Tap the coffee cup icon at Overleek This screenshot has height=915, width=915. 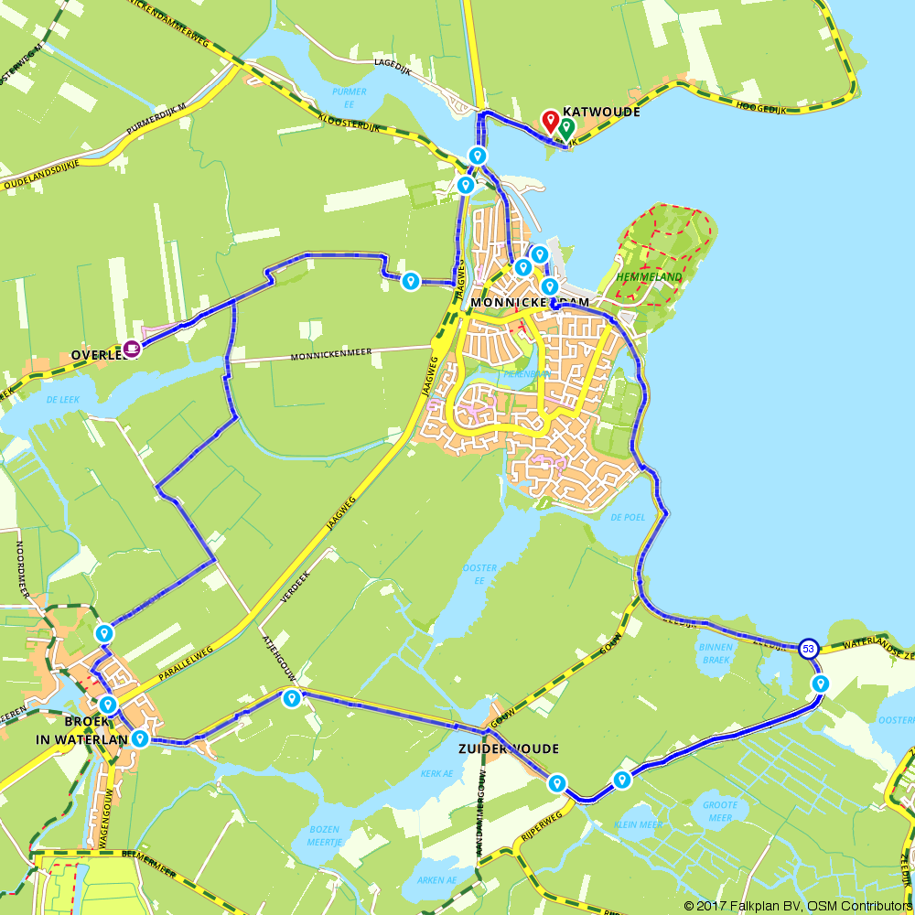133,348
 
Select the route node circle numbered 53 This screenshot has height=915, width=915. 808,649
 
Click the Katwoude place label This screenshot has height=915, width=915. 601,112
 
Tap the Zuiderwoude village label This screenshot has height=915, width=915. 509,748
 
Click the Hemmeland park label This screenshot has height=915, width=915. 650,275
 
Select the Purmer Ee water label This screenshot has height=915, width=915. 350,97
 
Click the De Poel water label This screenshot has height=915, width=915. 628,517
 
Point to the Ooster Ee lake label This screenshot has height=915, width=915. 479,574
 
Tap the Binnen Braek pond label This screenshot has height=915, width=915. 716,651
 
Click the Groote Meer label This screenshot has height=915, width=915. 719,812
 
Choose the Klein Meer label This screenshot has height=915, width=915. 639,824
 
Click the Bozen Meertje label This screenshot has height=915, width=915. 325,835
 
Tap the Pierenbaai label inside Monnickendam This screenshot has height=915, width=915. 524,374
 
